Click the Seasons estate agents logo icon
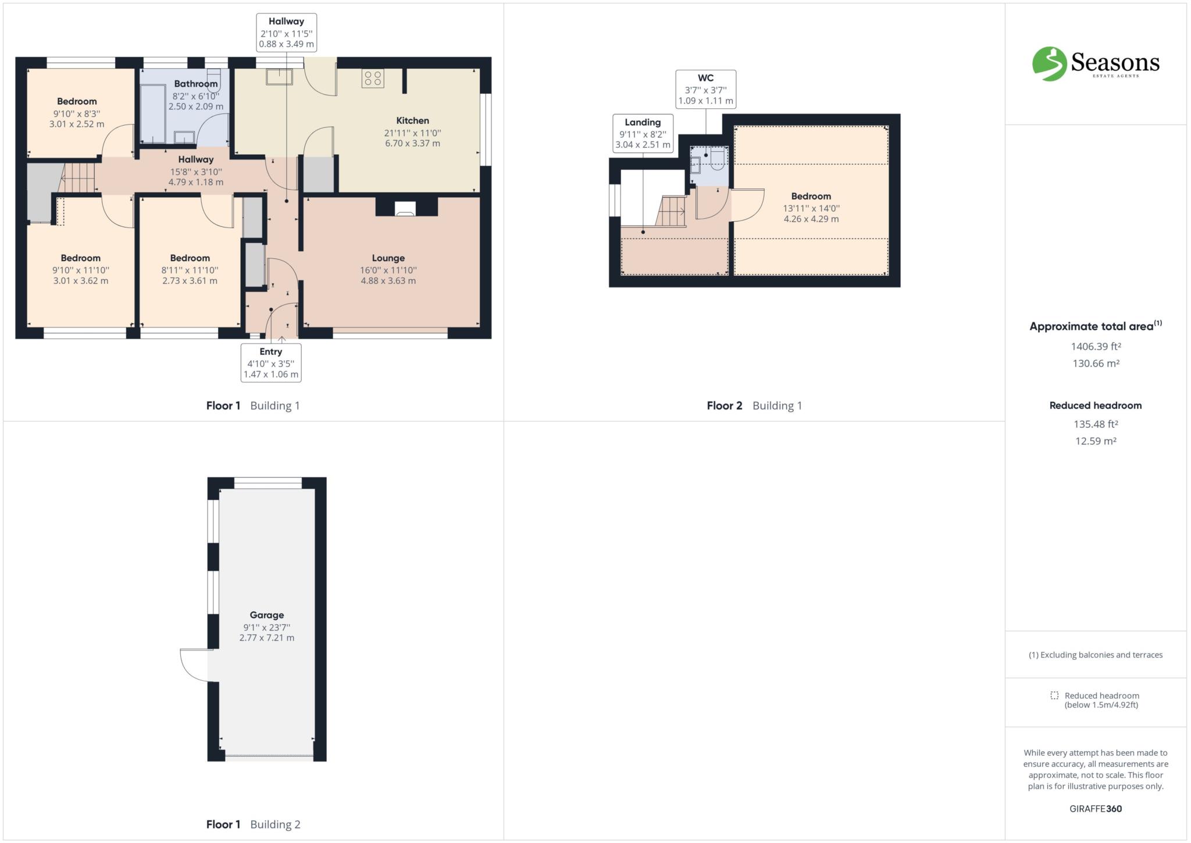pos(1050,63)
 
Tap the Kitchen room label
pos(412,121)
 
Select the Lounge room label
pos(388,258)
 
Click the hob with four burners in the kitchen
pos(373,79)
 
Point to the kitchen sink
pos(279,76)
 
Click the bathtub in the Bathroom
pos(153,114)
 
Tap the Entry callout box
pos(271,362)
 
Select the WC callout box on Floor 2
pos(705,89)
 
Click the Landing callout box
pos(643,133)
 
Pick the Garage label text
pos(267,615)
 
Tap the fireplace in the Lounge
pos(406,209)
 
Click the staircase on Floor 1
pos(79,177)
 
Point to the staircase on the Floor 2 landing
pos(671,211)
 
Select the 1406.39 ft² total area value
pos(1096,347)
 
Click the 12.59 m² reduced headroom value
pos(1096,441)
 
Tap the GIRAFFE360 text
pos(1096,809)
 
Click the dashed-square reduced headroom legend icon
pos(1054,695)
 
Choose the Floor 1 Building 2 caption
pos(253,824)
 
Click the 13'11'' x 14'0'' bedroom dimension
pos(811,208)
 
